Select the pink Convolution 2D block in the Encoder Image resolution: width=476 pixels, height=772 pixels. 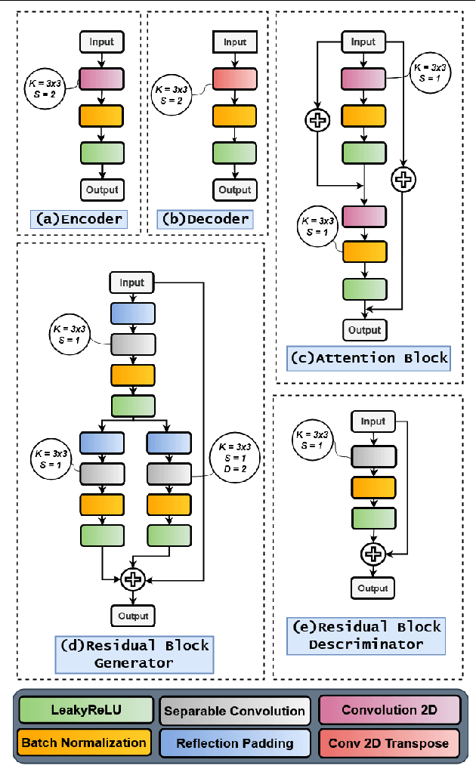100,79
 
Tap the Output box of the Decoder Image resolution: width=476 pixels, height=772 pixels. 235,189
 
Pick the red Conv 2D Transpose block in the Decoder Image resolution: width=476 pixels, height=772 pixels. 235,79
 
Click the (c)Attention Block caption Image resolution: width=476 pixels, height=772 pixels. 369,357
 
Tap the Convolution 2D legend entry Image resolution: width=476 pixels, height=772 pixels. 388,710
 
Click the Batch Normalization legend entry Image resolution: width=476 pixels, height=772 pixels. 83,743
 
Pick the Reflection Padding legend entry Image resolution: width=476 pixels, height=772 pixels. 234,743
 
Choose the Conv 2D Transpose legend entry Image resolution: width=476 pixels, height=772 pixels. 388,743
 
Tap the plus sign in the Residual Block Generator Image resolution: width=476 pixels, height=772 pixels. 132,579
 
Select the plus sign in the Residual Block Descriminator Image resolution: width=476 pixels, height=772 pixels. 372,554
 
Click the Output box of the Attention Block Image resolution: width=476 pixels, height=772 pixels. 365,330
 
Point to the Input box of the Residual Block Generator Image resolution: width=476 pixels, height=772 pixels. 132,283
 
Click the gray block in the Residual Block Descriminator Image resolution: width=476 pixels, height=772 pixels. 372,456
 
